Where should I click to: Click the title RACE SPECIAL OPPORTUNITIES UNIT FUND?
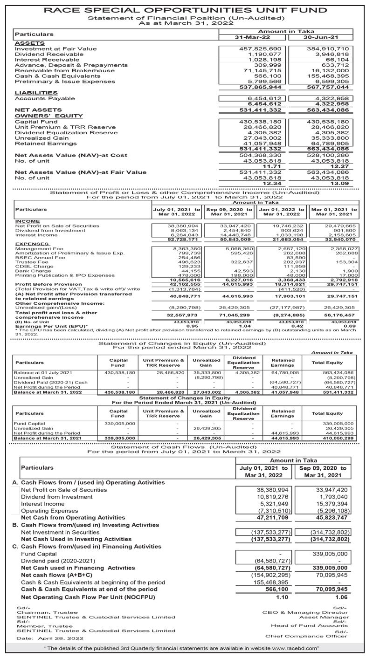(x=185, y=10)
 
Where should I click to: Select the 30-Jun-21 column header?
(x=320, y=37)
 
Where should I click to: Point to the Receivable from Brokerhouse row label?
(x=65, y=70)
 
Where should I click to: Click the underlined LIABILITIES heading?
(x=36, y=93)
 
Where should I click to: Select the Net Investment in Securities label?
(x=60, y=532)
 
